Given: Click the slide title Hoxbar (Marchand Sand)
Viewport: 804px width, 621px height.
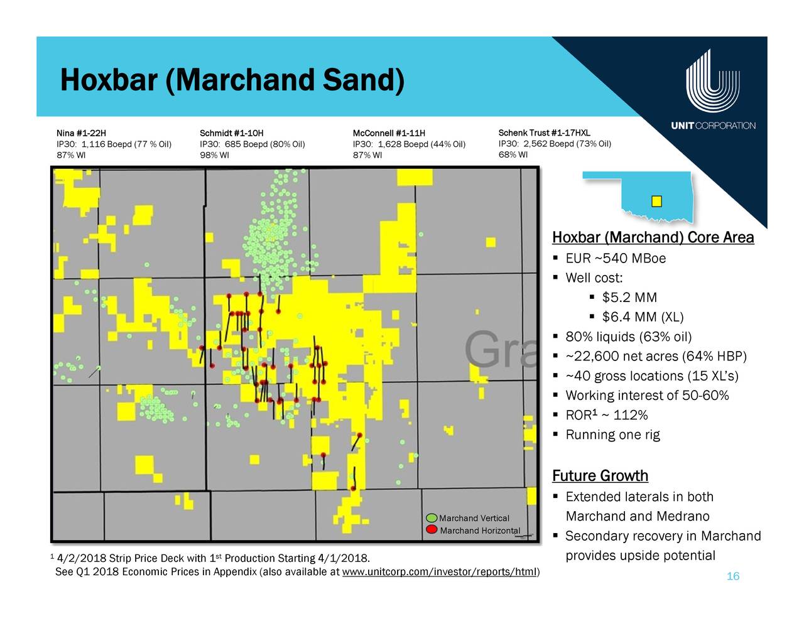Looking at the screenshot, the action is pos(232,80).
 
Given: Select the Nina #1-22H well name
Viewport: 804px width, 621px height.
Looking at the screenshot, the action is pos(81,133).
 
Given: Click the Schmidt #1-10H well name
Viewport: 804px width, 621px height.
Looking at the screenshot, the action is pos(232,133).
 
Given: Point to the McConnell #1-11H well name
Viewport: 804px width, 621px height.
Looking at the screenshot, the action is pos(389,133).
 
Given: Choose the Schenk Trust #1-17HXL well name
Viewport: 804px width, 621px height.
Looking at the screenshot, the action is pos(544,132).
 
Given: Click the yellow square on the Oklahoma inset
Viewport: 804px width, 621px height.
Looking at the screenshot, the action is pos(656,202).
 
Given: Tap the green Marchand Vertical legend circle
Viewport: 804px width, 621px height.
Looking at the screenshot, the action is pos(432,518).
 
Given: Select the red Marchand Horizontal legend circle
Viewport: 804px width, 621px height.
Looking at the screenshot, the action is pos(432,529).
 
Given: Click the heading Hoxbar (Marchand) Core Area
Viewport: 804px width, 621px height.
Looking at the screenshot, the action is pos(653,237).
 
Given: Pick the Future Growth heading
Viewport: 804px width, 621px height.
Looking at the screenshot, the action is pos(600,476).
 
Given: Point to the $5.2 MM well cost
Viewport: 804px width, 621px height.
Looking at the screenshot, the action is pos(629,298).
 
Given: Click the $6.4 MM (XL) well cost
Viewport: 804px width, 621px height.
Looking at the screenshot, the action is pos(643,317).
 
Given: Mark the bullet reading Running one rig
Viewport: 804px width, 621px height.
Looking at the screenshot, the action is pos(612,435).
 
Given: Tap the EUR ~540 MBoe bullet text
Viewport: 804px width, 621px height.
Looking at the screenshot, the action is pos(616,258).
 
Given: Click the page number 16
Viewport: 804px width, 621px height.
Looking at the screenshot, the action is pos(732,576).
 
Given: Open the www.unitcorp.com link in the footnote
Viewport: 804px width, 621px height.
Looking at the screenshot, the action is pos(439,572).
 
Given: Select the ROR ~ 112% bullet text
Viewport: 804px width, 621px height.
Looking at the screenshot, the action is pos(607,415).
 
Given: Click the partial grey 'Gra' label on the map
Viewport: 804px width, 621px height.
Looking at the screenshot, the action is pos(500,350).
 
